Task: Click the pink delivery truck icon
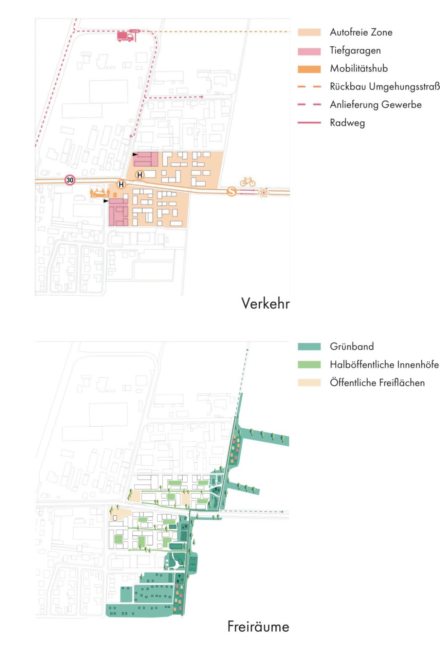125,37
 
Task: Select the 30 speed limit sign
70,180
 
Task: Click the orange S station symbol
231,191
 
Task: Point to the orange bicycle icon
248,182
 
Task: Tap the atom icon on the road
264,193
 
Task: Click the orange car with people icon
100,193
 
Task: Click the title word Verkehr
265,303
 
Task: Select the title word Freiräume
258,626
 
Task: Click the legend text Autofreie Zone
361,32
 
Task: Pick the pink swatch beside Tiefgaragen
309,51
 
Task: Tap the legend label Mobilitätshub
358,69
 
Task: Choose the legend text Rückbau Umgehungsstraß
384,87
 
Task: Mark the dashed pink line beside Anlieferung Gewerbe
309,105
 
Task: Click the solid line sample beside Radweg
309,123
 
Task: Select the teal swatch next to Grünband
309,347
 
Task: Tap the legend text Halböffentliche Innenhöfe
384,365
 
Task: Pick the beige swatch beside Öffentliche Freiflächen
309,383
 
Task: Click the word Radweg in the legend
347,123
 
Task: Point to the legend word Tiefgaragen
355,50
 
